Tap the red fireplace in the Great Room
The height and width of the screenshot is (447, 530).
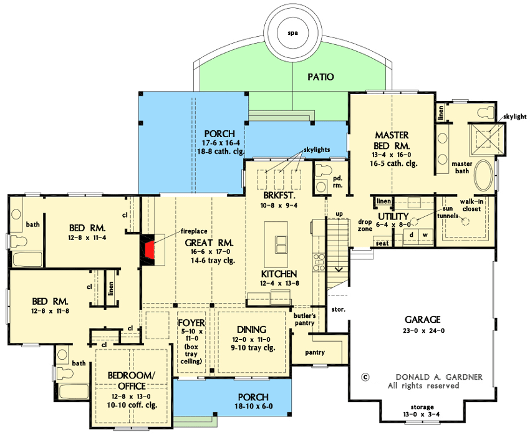150,249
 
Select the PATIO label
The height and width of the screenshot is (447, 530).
320,77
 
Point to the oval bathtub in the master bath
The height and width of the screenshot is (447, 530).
484,176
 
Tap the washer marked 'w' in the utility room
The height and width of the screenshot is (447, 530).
425,234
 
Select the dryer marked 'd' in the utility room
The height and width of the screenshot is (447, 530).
411,234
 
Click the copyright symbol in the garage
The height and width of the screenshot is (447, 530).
365,377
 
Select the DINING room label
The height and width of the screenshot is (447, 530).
252,329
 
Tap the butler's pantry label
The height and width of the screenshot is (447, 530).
305,320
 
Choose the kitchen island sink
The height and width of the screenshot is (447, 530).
278,242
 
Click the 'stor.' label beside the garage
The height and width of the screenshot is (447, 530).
339,309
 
